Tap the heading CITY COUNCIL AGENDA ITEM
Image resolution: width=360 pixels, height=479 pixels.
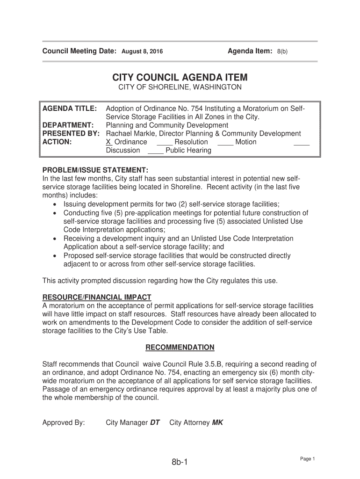pos(180,77)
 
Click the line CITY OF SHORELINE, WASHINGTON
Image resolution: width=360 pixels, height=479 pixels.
pos(180,87)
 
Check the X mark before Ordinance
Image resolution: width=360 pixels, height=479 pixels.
pos(108,142)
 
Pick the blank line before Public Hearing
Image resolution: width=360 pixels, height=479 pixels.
pos(155,151)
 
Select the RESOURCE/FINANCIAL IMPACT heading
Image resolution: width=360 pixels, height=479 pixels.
pos(97,297)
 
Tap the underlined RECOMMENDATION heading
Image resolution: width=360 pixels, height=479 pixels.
pos(180,347)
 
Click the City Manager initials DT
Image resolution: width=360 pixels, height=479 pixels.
pos(155,423)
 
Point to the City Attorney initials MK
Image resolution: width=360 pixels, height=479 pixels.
pos(217,423)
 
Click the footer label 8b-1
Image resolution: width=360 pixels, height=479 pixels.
pos(179,463)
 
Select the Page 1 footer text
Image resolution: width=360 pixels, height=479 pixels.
pos(308,459)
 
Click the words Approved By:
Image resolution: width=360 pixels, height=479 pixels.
pos(64,423)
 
